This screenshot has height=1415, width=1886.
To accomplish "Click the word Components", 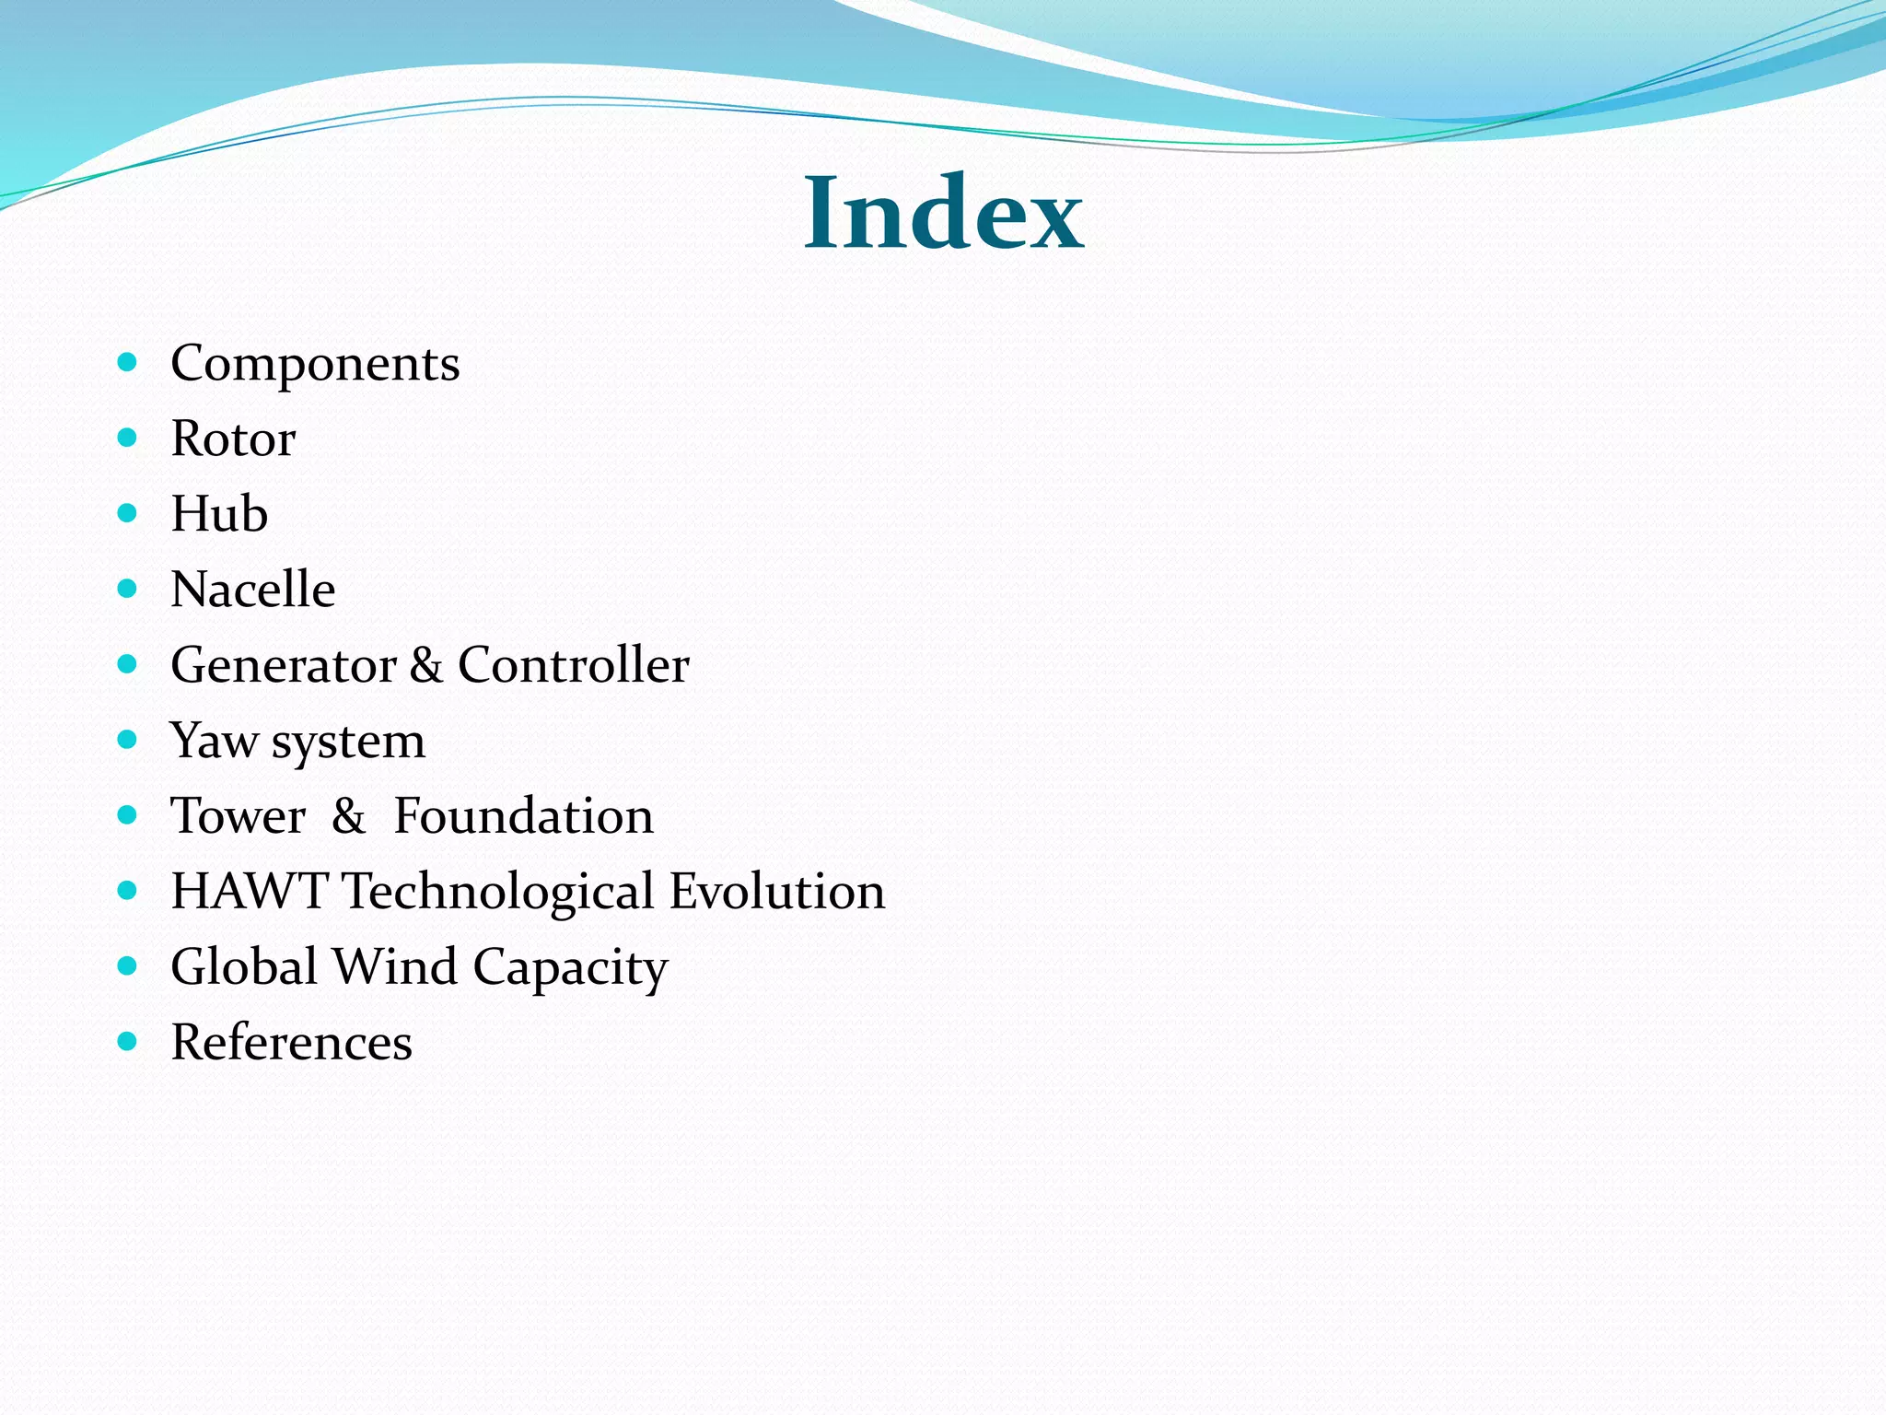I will point(315,364).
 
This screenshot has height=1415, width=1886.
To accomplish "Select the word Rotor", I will point(233,439).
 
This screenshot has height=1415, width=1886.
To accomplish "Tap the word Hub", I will point(219,514).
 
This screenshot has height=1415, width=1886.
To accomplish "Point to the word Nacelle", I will point(253,590).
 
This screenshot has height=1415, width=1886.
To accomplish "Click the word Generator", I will point(284,665).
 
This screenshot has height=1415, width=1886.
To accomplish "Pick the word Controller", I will point(573,665).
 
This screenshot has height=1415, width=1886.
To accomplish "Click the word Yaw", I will point(214,741).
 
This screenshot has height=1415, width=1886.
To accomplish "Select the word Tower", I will point(239,816).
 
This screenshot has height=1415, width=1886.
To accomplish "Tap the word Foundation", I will point(523,816).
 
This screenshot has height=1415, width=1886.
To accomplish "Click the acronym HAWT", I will point(249,892).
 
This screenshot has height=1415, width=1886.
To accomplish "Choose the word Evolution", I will point(777,892).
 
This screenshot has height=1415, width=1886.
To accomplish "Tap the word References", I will point(291,1043).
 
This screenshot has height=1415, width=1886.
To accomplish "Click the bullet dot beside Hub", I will point(128,513).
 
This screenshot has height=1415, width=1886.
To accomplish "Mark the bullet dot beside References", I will point(128,1042).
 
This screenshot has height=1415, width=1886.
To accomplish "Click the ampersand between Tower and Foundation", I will point(348,816).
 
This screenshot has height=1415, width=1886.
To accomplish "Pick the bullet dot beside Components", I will point(128,362).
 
